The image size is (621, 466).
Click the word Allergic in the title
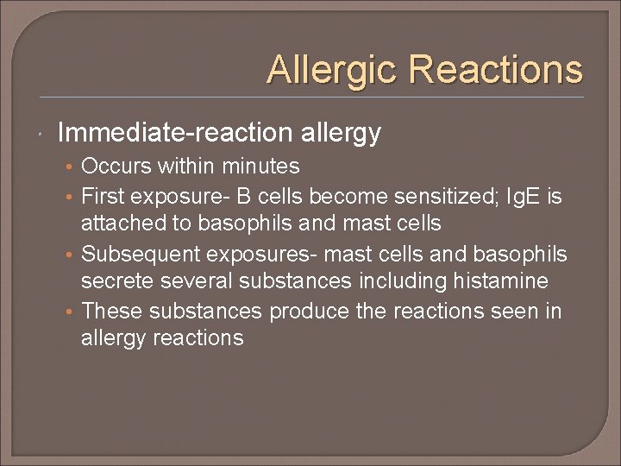pos(332,69)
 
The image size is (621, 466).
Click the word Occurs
pos(116,166)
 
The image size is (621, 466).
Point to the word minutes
pos(260,166)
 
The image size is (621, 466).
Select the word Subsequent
pos(138,254)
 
